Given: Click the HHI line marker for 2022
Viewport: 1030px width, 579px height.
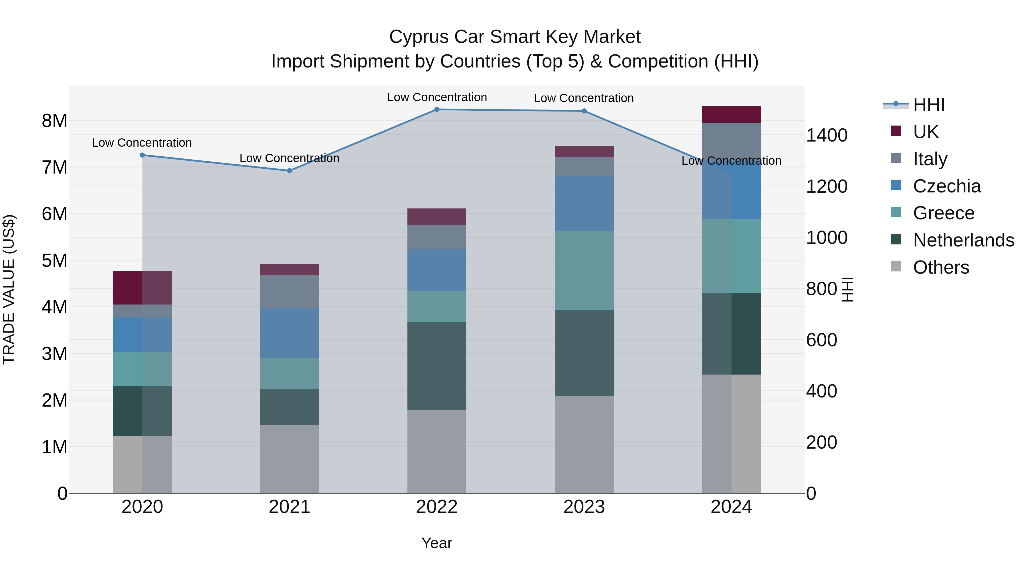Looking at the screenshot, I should pos(437,109).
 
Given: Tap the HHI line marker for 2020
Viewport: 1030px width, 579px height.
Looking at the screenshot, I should pos(142,155).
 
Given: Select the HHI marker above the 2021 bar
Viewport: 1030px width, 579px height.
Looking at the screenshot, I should pos(290,171).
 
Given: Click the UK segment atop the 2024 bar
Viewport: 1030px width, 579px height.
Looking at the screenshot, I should pos(731,114).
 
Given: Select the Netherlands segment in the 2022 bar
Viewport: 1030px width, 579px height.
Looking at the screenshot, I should pos(437,366).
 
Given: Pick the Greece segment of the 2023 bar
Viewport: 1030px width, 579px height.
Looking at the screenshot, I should pos(584,270).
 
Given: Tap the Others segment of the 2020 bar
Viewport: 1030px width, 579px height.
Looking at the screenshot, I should pos(142,464).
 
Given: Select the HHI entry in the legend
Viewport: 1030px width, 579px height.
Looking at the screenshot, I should pos(929,105).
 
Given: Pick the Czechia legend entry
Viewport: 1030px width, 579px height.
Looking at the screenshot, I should pos(946,186).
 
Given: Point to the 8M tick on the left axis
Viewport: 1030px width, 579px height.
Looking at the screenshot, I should pos(54,121).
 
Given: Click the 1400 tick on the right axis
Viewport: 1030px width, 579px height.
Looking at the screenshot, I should pos(827,136).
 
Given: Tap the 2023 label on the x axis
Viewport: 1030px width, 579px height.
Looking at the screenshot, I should pos(584,507).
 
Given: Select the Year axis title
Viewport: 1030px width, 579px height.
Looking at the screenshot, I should pos(437,543).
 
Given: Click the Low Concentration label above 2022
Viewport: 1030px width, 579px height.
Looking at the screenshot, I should pos(437,97).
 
